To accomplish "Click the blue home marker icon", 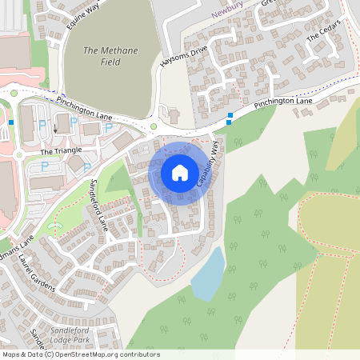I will tap(179, 172).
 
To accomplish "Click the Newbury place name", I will tap(232, 14).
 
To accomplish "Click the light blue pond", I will tap(207, 273).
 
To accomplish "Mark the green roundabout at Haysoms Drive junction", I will tap(154, 126).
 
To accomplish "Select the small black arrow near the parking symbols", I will tap(55, 128).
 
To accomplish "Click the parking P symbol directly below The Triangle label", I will tap(45, 165).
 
